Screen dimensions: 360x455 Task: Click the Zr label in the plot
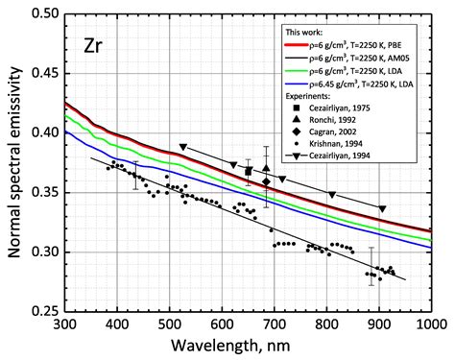pos(96,45)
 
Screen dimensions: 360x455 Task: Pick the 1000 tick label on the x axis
pos(430,325)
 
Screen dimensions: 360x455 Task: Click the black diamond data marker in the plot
pos(266,181)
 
